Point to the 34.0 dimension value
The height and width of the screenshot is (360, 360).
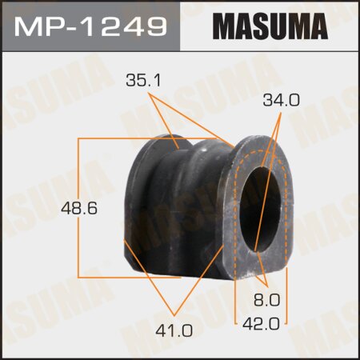tap(280, 101)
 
